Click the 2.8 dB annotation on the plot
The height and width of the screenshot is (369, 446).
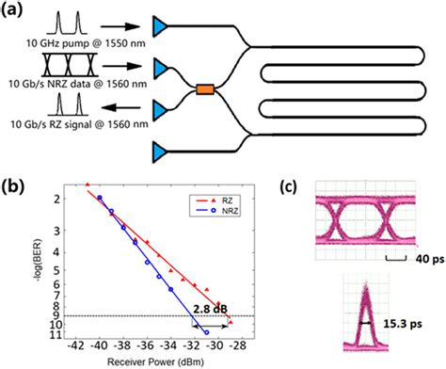tap(208, 306)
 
